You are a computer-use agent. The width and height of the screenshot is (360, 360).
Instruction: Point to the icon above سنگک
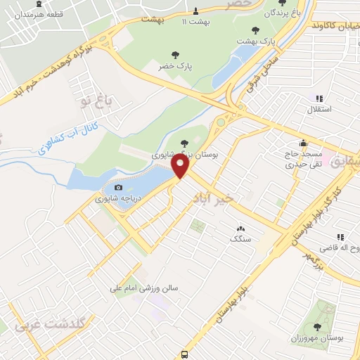click(x=241, y=228)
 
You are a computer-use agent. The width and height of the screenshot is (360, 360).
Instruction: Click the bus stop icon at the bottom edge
click(x=184, y=354)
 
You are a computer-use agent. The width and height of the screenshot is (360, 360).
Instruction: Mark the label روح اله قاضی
click(x=336, y=248)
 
